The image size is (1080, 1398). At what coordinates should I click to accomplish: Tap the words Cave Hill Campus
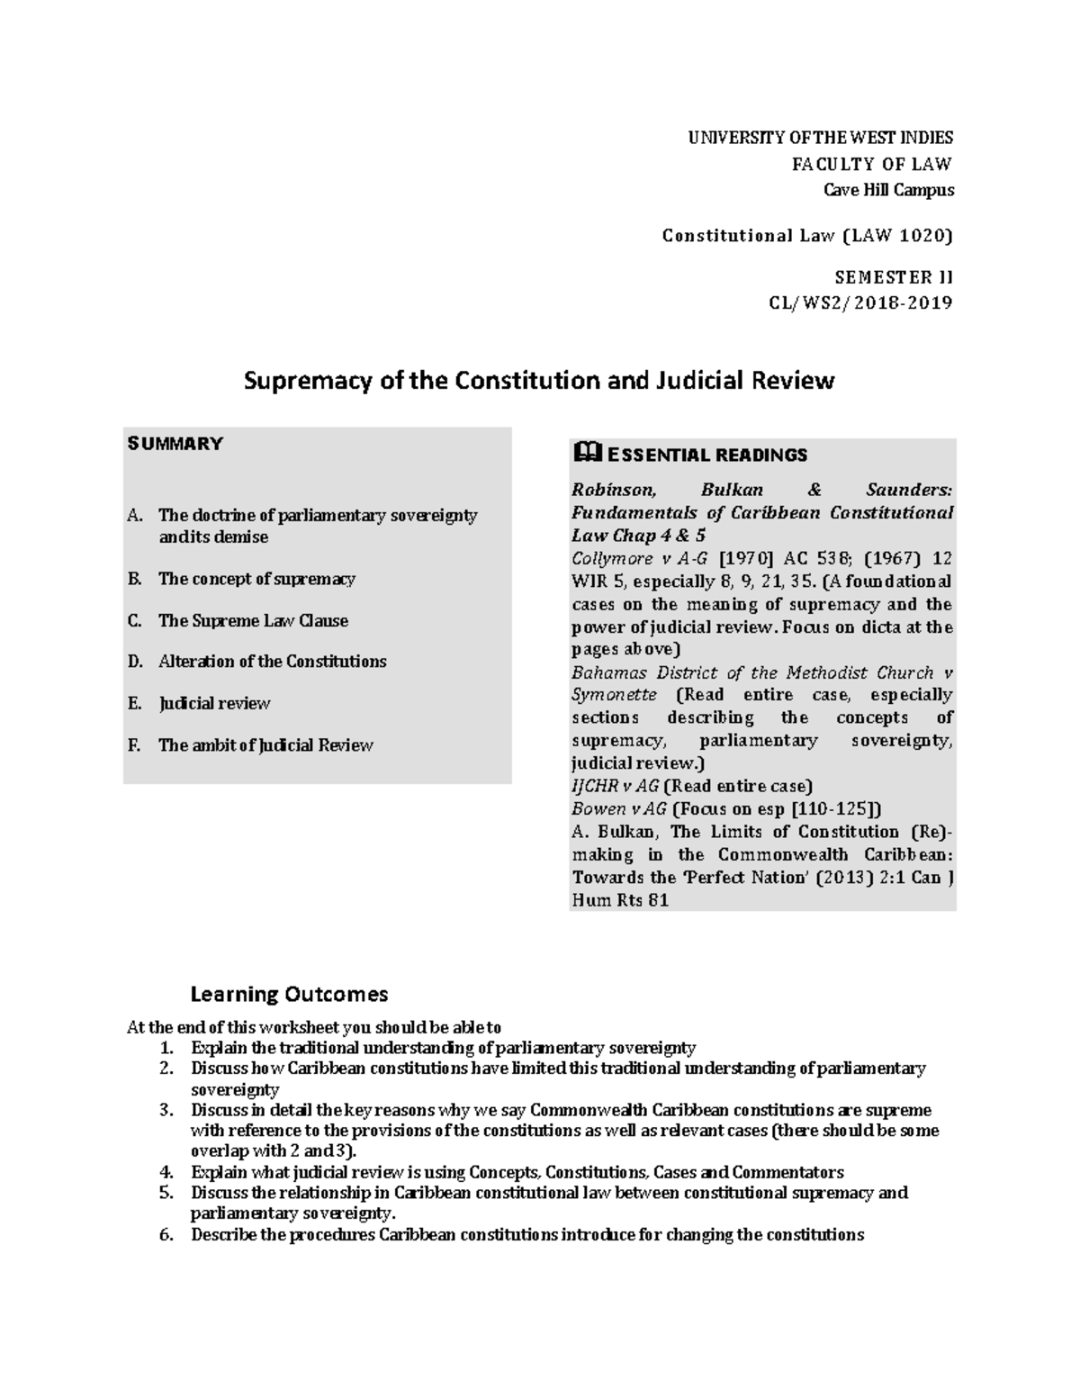pyautogui.click(x=889, y=190)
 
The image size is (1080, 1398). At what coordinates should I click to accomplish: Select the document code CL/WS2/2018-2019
pyautogui.click(x=859, y=302)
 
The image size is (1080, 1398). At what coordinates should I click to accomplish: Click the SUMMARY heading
pyautogui.click(x=175, y=444)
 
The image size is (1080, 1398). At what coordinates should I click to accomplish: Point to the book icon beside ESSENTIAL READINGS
pyautogui.click(x=584, y=453)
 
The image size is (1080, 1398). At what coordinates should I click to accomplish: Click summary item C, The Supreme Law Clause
pyautogui.click(x=253, y=620)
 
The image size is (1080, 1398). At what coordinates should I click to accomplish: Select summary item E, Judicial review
pyautogui.click(x=214, y=703)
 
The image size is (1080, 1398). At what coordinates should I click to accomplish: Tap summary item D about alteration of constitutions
pyautogui.click(x=272, y=662)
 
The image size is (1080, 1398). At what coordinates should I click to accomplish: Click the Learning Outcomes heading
pyautogui.click(x=289, y=994)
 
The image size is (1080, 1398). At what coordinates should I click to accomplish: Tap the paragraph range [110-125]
pyautogui.click(x=832, y=808)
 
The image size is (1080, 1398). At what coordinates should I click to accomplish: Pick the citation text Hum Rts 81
pyautogui.click(x=620, y=900)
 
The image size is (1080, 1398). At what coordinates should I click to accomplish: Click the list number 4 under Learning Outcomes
pyautogui.click(x=165, y=1172)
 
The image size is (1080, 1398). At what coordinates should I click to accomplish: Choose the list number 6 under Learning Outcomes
pyautogui.click(x=165, y=1234)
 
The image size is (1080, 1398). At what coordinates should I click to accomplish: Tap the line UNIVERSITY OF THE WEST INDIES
pyautogui.click(x=820, y=138)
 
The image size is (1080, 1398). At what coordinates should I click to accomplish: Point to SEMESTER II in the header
pyautogui.click(x=893, y=277)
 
